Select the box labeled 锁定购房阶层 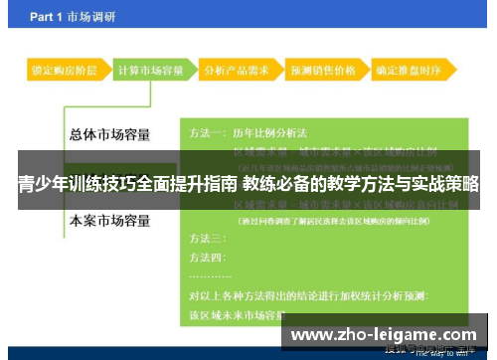coord(64,72)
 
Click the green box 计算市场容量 coord(150,72)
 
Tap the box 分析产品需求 coord(236,72)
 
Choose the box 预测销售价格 coord(322,72)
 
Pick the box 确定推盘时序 coord(409,72)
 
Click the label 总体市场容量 coord(110,134)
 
